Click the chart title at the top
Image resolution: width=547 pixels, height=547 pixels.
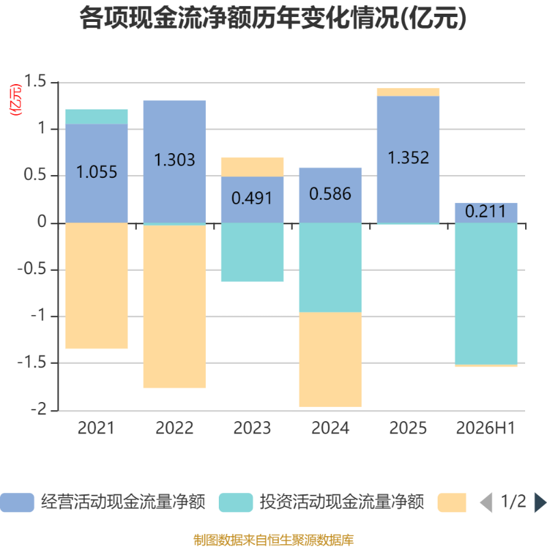(273, 18)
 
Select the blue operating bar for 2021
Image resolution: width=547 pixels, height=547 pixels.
(96, 174)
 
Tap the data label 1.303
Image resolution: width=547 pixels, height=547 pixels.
(174, 160)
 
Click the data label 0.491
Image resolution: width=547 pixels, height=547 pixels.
(252, 198)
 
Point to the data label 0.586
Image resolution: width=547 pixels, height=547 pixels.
(330, 194)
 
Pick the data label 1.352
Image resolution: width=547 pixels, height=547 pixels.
(408, 158)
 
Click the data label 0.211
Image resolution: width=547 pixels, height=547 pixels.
(485, 211)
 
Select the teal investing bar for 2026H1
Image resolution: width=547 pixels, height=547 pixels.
(486, 294)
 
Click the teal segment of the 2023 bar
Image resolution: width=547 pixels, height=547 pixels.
(252, 252)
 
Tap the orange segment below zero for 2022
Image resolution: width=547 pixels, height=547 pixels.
(174, 306)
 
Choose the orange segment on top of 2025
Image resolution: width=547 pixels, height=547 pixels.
(408, 92)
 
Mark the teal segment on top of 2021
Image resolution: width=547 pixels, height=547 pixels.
(96, 116)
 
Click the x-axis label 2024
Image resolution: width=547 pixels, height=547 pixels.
(330, 428)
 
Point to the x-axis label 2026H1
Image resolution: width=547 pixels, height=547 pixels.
(485, 428)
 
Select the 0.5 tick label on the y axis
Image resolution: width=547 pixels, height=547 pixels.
(35, 175)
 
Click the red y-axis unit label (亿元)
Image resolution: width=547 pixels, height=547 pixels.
(16, 99)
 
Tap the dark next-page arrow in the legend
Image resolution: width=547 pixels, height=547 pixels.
(540, 503)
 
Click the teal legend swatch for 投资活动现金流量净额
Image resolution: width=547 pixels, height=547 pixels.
(236, 503)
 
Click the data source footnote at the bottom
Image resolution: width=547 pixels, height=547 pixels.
(273, 539)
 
